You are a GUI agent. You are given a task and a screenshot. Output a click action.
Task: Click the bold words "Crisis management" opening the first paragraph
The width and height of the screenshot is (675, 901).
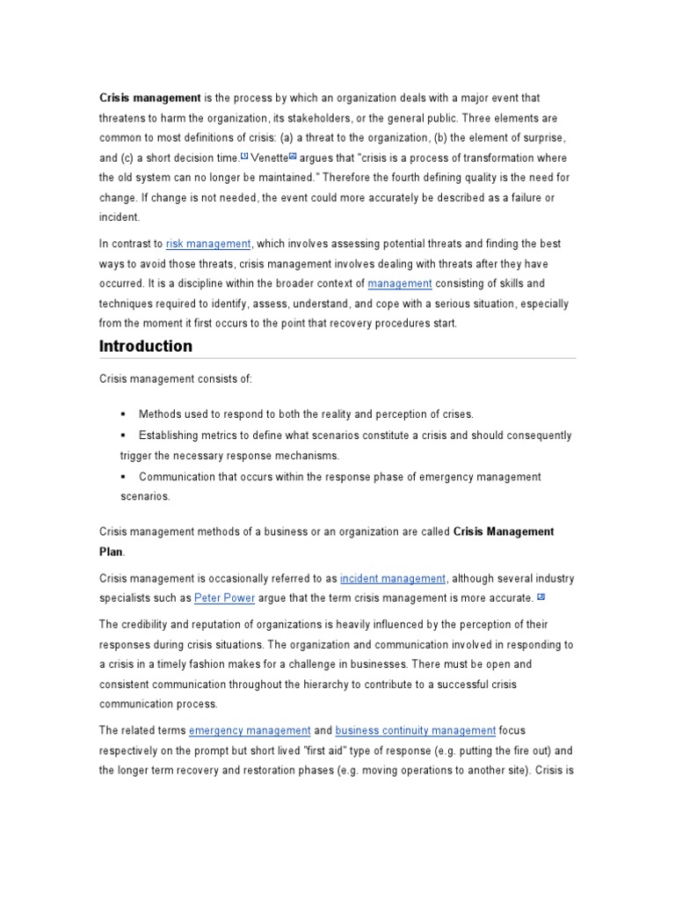coord(150,98)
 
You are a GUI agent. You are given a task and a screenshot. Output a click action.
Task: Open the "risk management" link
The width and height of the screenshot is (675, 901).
coord(208,244)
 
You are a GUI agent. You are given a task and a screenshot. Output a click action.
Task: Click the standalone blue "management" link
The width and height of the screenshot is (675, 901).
coord(400,283)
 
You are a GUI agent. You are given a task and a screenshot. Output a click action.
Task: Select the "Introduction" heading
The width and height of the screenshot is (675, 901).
coord(146,346)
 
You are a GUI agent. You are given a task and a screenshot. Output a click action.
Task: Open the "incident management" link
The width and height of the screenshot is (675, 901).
coord(393,578)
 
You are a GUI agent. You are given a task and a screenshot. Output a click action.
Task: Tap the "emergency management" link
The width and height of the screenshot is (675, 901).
coord(250,730)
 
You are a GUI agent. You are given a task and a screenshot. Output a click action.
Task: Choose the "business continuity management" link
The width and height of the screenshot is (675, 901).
coord(416,730)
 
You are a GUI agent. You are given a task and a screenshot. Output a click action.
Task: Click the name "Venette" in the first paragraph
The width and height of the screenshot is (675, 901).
coord(269,157)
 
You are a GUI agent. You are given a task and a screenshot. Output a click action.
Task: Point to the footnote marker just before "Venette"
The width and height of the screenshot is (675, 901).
coord(244,156)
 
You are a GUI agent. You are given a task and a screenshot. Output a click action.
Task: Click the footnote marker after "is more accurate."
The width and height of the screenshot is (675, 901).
coord(541,597)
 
